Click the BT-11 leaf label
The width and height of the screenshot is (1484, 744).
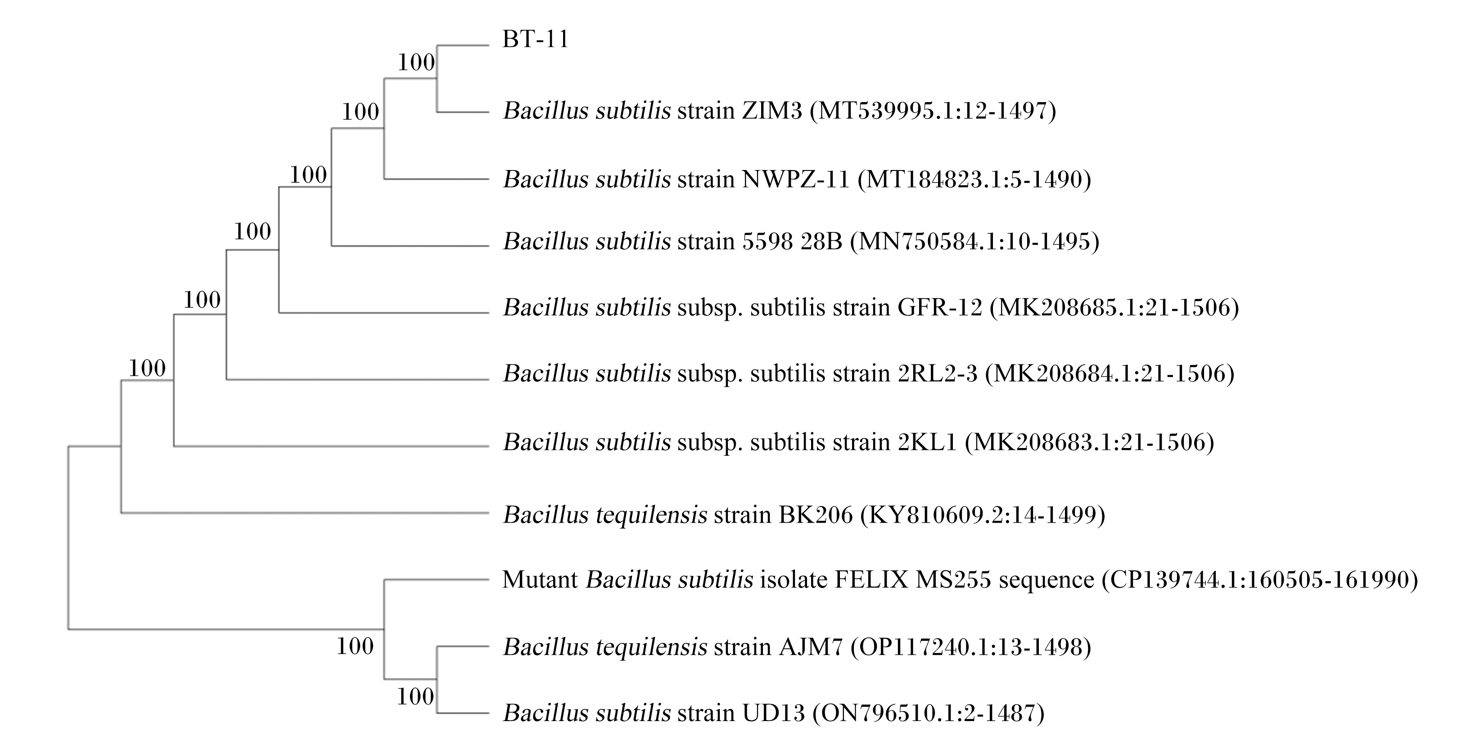[x=536, y=39]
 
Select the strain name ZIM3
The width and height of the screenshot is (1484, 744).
[x=772, y=110]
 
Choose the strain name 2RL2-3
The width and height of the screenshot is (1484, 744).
[x=938, y=373]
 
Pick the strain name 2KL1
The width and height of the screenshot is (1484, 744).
[x=928, y=442]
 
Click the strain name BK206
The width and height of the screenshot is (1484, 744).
[x=816, y=514]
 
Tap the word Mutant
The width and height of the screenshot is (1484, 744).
[x=540, y=579]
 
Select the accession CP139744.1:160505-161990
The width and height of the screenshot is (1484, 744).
[x=1259, y=579]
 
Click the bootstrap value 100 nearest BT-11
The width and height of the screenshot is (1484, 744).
[x=416, y=62]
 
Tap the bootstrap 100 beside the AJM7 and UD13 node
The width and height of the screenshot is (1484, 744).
[x=415, y=697]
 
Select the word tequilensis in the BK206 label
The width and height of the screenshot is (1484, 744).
[x=651, y=514]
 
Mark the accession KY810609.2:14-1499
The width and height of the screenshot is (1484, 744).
[x=982, y=514]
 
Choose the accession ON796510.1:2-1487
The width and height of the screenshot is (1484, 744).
[x=928, y=713]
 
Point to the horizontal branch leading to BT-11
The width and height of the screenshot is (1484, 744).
[x=463, y=45]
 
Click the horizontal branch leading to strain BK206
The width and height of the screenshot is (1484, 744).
[x=305, y=512]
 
